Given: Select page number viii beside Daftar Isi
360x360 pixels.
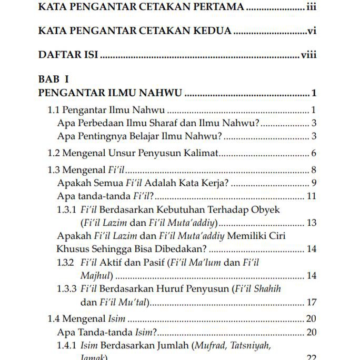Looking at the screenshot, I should click(308, 55).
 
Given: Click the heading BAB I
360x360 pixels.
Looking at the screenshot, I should click(54, 79).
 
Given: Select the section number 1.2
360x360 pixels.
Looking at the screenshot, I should click(54, 153).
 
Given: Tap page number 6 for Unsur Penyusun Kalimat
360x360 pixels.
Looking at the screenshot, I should click(313, 153).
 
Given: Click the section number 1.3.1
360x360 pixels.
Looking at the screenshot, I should click(67, 209).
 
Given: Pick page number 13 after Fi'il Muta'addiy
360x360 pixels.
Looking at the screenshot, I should click(311, 223).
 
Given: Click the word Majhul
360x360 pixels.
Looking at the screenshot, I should click(96, 275).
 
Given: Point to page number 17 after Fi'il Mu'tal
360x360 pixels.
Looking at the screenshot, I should click(311, 302).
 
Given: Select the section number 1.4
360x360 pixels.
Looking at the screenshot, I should click(54, 318).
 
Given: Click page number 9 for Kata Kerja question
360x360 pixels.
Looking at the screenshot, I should click(313, 183).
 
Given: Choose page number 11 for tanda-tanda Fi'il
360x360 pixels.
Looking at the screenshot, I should click(311, 196).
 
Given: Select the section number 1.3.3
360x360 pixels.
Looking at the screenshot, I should click(67, 288).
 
